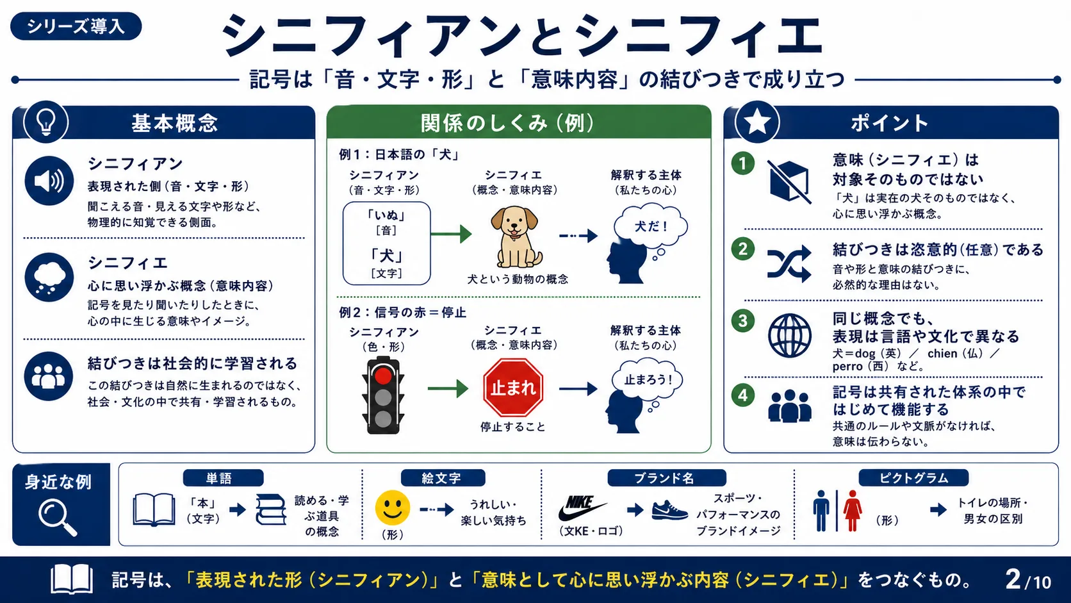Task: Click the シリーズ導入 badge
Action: pyautogui.click(x=76, y=26)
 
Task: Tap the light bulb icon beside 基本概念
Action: pyautogui.click(x=46, y=122)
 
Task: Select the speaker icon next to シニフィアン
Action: pyautogui.click(x=49, y=181)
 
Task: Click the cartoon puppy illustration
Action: pyautogui.click(x=516, y=236)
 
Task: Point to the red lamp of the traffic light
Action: pyautogui.click(x=382, y=376)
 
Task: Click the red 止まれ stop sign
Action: pyautogui.click(x=513, y=387)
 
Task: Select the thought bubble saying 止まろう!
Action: pyautogui.click(x=648, y=380)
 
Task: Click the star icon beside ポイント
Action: pyautogui.click(x=757, y=122)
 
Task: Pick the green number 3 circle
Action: pyautogui.click(x=742, y=320)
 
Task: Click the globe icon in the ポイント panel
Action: pyautogui.click(x=789, y=336)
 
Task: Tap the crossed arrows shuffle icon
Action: pyautogui.click(x=789, y=263)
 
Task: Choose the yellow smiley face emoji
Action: pyautogui.click(x=393, y=508)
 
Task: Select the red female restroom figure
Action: pyautogui.click(x=852, y=511)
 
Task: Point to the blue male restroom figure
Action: pyautogui.click(x=821, y=511)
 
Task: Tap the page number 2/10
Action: pyautogui.click(x=1028, y=580)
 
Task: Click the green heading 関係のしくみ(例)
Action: pyautogui.click(x=507, y=123)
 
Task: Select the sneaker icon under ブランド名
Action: pyautogui.click(x=669, y=510)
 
